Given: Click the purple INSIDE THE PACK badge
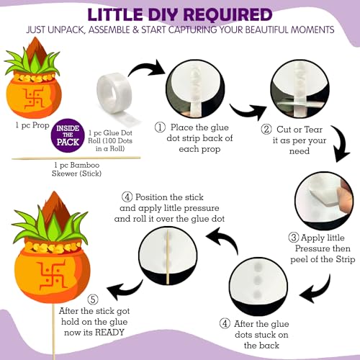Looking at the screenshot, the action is pyautogui.click(x=68, y=135).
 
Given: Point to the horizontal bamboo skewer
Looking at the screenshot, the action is pyautogui.click(x=76, y=158).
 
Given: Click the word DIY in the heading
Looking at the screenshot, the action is pyautogui.click(x=163, y=15).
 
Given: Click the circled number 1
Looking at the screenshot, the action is pyautogui.click(x=160, y=127).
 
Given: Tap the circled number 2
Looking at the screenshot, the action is pyautogui.click(x=266, y=130).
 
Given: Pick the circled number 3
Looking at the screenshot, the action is pyautogui.click(x=294, y=238).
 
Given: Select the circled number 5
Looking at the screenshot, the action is pyautogui.click(x=93, y=300).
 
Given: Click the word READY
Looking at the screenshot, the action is pyautogui.click(x=109, y=333).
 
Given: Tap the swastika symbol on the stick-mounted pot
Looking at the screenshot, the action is pyautogui.click(x=51, y=274).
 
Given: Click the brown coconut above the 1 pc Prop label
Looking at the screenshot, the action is pyautogui.click(x=37, y=50).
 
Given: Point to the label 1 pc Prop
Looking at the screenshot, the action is pyautogui.click(x=32, y=125).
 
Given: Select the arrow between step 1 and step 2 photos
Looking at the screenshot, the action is pyautogui.click(x=248, y=111).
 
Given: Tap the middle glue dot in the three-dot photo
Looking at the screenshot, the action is pyautogui.click(x=257, y=279).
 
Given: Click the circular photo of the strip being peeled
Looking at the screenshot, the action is pyautogui.click(x=324, y=200).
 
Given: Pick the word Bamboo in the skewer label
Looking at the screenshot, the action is pyautogui.click(x=85, y=165).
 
